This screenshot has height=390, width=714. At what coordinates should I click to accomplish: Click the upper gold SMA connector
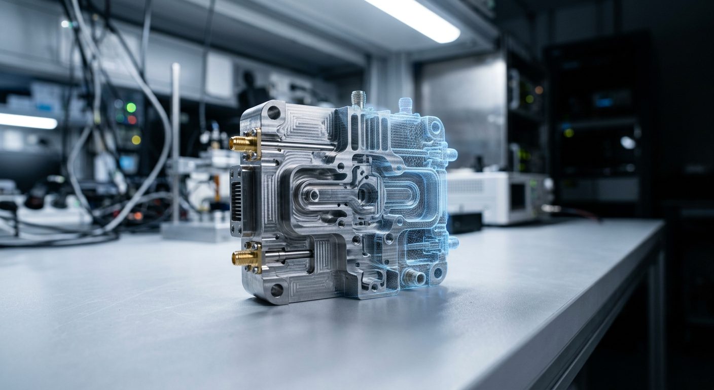[x=243, y=144]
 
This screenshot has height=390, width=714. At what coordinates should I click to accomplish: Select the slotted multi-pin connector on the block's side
[x=237, y=201]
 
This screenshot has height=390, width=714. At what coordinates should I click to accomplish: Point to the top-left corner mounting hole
[x=274, y=112]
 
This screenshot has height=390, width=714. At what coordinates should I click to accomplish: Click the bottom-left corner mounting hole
[x=276, y=290]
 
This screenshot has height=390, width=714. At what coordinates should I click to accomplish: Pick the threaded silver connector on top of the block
[x=359, y=100]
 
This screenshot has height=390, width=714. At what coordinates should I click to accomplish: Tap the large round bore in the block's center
[x=367, y=193]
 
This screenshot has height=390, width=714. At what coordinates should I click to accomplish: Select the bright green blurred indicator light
[x=131, y=107]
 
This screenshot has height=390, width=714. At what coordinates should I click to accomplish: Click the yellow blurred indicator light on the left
[x=135, y=139]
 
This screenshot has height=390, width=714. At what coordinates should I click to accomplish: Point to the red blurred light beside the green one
[x=132, y=120]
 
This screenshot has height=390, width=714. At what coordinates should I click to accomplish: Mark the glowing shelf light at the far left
[x=28, y=121]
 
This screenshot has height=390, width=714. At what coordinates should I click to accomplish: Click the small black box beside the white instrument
[x=464, y=222]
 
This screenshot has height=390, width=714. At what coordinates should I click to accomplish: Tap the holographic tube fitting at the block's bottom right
[x=413, y=277]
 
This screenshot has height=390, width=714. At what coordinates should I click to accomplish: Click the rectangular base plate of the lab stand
[x=195, y=231]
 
